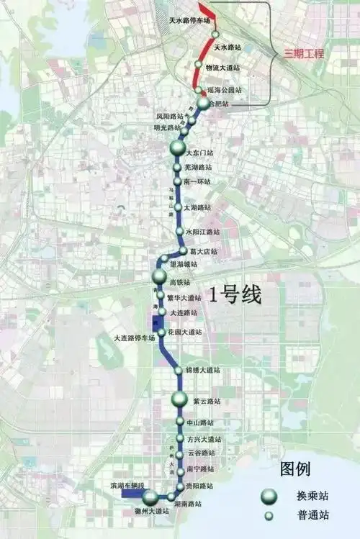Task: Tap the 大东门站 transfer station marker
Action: (x=178, y=149)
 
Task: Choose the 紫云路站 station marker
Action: (x=179, y=399)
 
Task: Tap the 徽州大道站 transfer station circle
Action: (x=150, y=498)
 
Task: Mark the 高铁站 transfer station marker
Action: (x=160, y=277)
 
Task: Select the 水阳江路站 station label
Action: (x=202, y=232)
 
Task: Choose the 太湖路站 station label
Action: (x=198, y=207)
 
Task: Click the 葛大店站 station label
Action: (x=204, y=252)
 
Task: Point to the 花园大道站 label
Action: (x=185, y=332)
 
